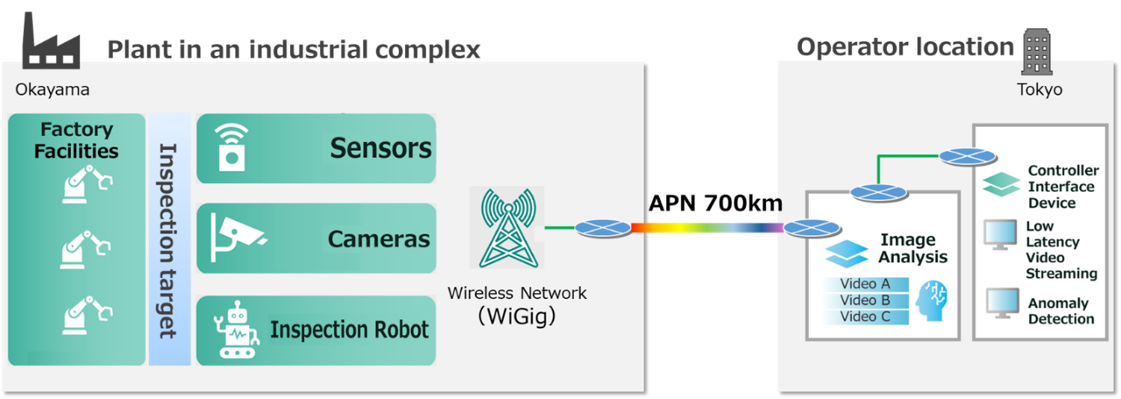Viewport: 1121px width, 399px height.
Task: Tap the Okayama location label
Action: pos(52,89)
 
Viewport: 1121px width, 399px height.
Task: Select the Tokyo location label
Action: pos(1039,89)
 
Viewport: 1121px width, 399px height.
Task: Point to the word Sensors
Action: pos(380,148)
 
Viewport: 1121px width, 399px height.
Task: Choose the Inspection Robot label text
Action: pos(349,330)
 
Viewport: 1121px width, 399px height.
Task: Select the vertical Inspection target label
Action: pos(169,240)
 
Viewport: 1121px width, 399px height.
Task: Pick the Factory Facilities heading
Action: pos(76,140)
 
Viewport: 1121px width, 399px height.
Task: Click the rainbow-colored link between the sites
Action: pos(706,228)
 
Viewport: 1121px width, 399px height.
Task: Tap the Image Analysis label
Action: pos(908,248)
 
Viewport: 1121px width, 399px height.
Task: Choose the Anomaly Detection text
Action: pos(1060,311)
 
